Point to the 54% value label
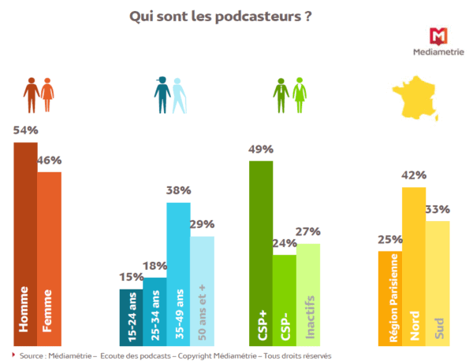[25, 131]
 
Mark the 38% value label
[178, 190]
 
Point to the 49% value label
[260, 149]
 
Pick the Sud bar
[438, 282]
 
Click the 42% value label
[414, 175]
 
